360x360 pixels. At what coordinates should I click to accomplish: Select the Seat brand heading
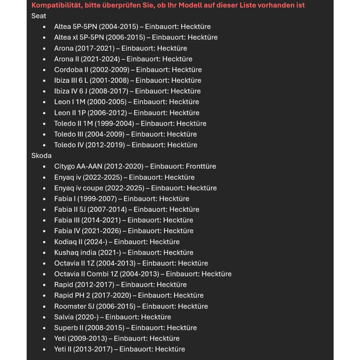tap(38, 15)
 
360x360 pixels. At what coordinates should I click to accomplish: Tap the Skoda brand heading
tap(41, 155)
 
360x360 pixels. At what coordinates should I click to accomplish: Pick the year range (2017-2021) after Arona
tap(95, 48)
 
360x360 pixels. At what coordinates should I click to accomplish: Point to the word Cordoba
tap(68, 70)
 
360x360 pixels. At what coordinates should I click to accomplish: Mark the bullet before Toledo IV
tap(44, 145)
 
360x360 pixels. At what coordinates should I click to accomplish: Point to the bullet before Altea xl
tap(44, 37)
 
